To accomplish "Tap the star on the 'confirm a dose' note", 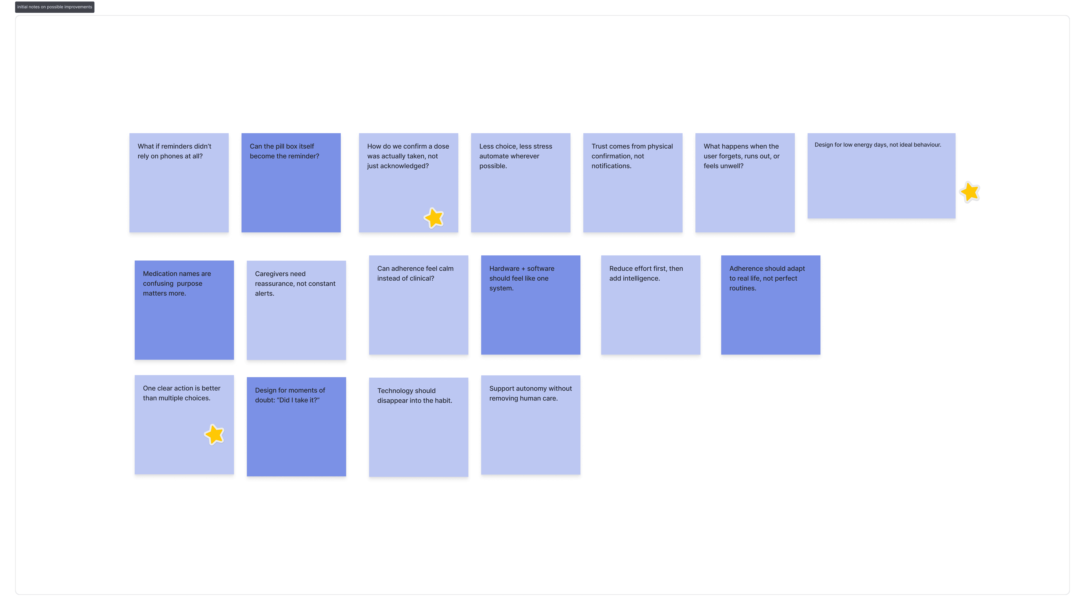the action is (x=434, y=218).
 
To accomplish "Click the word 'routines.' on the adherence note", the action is (x=743, y=288).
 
